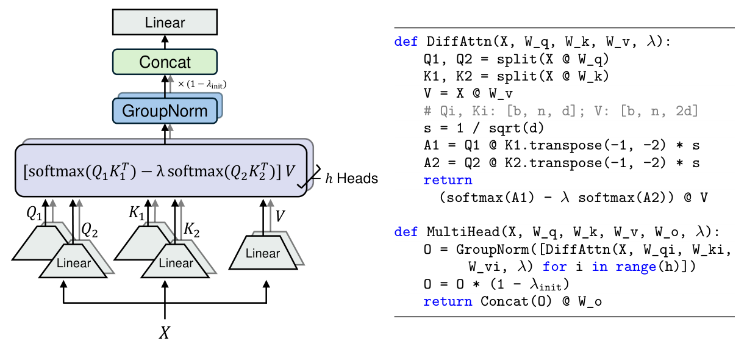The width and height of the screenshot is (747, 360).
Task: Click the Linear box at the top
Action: [x=165, y=23]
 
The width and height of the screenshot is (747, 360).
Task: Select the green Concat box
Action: [x=165, y=62]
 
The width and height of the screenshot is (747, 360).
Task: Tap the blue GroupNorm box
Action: [x=165, y=111]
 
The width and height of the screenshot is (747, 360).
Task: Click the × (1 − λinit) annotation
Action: [x=202, y=85]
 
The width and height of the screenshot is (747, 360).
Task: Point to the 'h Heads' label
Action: [x=354, y=179]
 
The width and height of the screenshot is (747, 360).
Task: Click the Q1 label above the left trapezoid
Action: [x=34, y=213]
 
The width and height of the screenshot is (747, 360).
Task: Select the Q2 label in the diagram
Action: [x=90, y=229]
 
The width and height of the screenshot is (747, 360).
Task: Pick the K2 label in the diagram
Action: [x=192, y=229]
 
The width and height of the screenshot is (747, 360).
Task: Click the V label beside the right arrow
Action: [x=280, y=217]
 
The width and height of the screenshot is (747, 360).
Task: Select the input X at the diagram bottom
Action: [x=165, y=333]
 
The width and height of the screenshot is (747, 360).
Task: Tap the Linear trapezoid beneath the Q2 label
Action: [x=73, y=263]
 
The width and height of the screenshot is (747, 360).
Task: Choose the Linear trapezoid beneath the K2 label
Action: [x=176, y=263]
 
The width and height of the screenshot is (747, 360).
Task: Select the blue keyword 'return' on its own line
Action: [x=448, y=181]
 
